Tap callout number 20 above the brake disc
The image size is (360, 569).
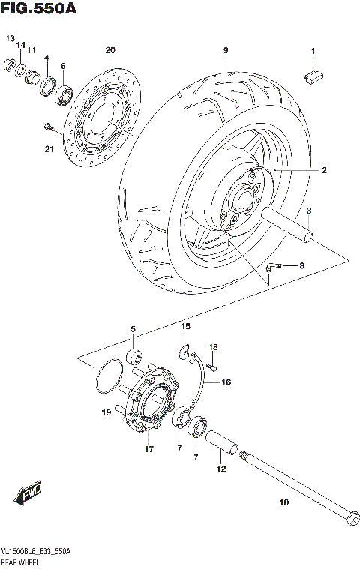(110, 50)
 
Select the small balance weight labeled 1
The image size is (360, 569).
(313, 74)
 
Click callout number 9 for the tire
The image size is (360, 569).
(224, 50)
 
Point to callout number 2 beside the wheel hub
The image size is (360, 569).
(324, 171)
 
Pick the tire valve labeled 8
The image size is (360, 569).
(274, 265)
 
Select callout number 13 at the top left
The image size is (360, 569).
(10, 38)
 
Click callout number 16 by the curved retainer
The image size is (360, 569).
(226, 382)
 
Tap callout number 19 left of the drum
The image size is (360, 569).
(107, 412)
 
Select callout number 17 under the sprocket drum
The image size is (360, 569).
(149, 449)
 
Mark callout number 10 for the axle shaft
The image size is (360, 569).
(283, 503)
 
